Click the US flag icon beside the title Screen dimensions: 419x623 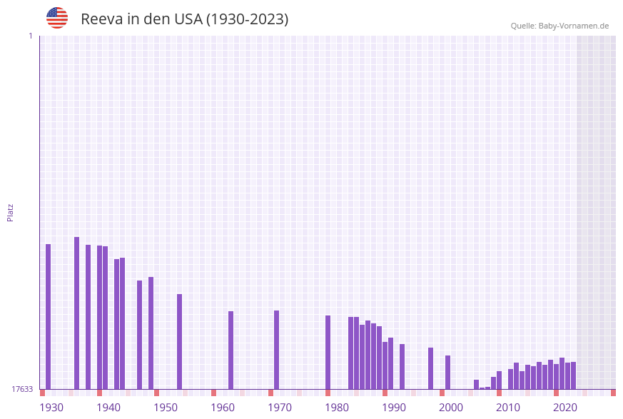pos(57,18)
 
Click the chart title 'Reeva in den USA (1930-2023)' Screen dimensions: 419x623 pos(184,19)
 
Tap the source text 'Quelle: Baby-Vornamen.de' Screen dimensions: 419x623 pos(559,26)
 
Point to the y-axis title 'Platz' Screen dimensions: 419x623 pos(11,212)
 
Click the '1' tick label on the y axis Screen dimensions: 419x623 pos(30,36)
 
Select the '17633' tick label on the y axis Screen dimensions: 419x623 pos(22,389)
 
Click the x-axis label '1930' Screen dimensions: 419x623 pos(51,408)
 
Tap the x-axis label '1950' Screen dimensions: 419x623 pos(166,408)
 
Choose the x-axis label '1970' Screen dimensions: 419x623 pos(280,408)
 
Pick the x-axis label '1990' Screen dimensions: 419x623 pos(394,408)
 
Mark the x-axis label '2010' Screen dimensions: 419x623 pos(508,408)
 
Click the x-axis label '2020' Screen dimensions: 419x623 pos(565,408)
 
